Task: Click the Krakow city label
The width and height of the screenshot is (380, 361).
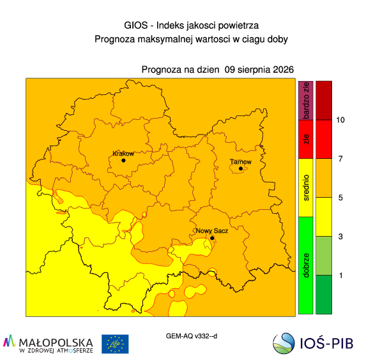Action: pyautogui.click(x=123, y=154)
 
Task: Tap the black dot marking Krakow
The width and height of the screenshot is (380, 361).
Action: pyautogui.click(x=123, y=161)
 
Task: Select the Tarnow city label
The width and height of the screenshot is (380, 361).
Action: pyautogui.click(x=240, y=161)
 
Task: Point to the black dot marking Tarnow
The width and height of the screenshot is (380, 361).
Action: pyautogui.click(x=241, y=168)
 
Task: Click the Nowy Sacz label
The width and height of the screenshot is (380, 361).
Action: pyautogui.click(x=212, y=231)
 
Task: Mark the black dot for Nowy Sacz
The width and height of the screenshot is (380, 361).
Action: pyautogui.click(x=212, y=238)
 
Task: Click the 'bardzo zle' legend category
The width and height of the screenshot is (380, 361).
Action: pyautogui.click(x=306, y=100)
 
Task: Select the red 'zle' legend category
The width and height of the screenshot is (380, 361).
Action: pyautogui.click(x=306, y=140)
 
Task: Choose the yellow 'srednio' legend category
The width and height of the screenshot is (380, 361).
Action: pyautogui.click(x=306, y=188)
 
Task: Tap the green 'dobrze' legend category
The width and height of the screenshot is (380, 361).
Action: pyautogui.click(x=306, y=265)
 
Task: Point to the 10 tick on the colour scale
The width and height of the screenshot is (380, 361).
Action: pyautogui.click(x=340, y=120)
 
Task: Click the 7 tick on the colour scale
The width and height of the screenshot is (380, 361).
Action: pyautogui.click(x=340, y=159)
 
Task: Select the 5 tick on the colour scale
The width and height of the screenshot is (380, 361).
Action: pyautogui.click(x=340, y=198)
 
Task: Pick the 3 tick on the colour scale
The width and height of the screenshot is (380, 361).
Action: pyautogui.click(x=340, y=237)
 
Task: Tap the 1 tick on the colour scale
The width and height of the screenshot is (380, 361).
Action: pyautogui.click(x=341, y=276)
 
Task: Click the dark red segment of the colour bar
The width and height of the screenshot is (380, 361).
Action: pyautogui.click(x=324, y=100)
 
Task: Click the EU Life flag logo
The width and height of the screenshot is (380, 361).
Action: pyautogui.click(x=115, y=344)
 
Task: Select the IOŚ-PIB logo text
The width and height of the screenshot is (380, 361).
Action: pyautogui.click(x=326, y=343)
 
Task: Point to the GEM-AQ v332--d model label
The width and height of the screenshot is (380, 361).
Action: pyautogui.click(x=192, y=336)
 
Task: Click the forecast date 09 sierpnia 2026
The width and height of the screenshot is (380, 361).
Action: pyautogui.click(x=259, y=70)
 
